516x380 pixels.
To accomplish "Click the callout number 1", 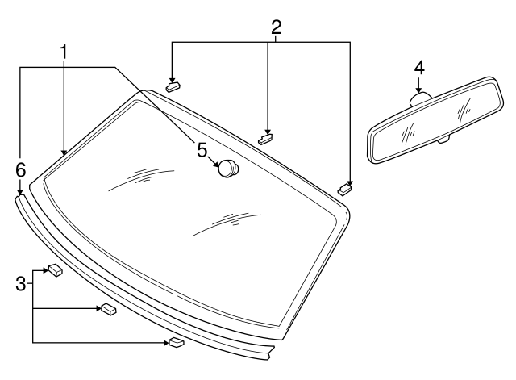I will coord(63,52).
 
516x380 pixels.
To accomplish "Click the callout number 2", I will coord(276,27).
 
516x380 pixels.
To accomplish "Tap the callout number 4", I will coord(419,66).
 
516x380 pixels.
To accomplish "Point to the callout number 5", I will coord(202,149).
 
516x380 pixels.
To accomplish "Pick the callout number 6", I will coord(20,169).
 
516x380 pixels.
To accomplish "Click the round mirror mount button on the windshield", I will coord(230,168).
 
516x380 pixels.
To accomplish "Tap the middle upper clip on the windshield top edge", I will coord(267,137).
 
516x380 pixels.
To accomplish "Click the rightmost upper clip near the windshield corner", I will coord(345,189).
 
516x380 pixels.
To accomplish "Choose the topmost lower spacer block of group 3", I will coord(55,270).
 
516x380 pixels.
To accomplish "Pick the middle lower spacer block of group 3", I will coord(107,308).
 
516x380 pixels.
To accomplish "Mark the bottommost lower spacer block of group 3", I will coord(176,342).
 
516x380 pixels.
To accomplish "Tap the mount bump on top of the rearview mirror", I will coord(420,99).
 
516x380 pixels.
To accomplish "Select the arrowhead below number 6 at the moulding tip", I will coord(20,191).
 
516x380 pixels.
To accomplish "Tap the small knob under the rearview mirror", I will coord(442,140).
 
